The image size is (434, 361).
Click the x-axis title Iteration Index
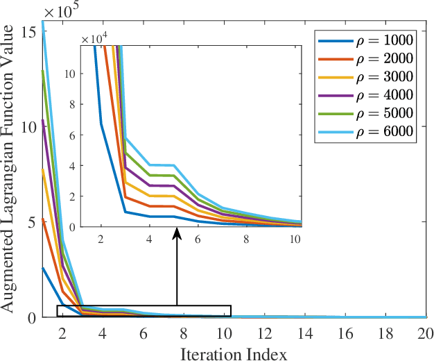click(233, 353)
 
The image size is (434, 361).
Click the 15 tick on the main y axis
click(29, 32)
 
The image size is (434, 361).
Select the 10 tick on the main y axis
click(29, 128)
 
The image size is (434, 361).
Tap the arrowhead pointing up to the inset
click(177, 236)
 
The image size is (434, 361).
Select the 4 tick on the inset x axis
click(149, 237)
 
